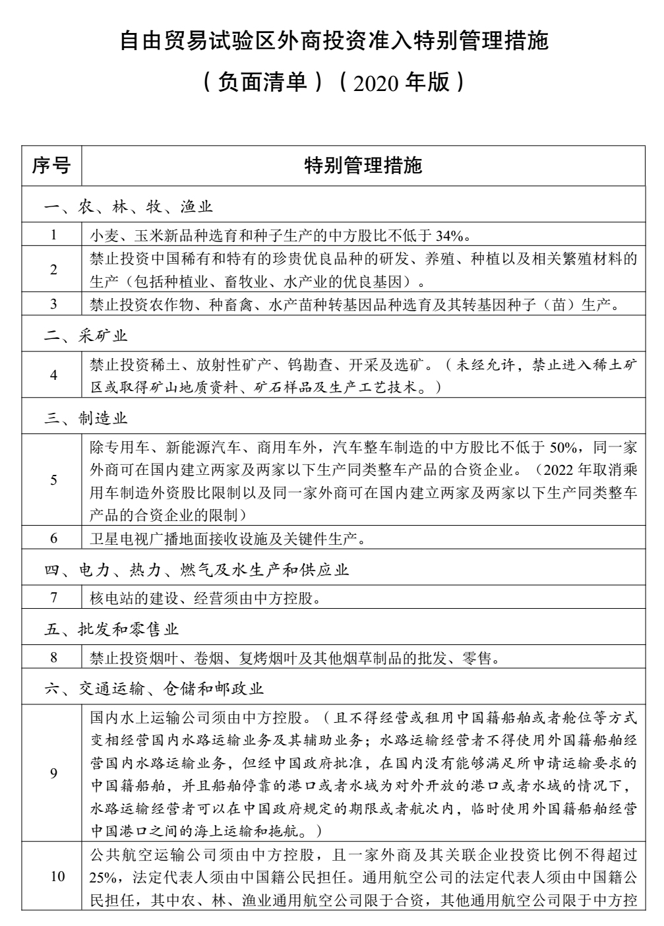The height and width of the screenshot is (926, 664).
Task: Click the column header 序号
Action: pos(51,166)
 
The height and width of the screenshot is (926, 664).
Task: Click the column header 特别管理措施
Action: pos(363,166)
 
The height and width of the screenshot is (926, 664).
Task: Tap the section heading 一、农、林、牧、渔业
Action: pos(129,207)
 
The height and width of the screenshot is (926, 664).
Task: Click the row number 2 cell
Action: pos(53,269)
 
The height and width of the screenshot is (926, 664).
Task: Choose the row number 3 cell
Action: pos(53,303)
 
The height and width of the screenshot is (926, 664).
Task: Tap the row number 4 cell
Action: pos(53,375)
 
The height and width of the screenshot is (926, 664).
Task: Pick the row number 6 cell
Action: pos(53,538)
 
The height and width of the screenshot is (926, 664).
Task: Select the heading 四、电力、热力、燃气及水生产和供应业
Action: pos(196,569)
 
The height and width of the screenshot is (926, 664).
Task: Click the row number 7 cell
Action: pos(53,598)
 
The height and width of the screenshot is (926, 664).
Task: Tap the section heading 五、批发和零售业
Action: pos(111,629)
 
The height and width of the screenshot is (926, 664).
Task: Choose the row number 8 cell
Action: pos(53,657)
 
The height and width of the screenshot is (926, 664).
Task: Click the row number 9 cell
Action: pos(53,772)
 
